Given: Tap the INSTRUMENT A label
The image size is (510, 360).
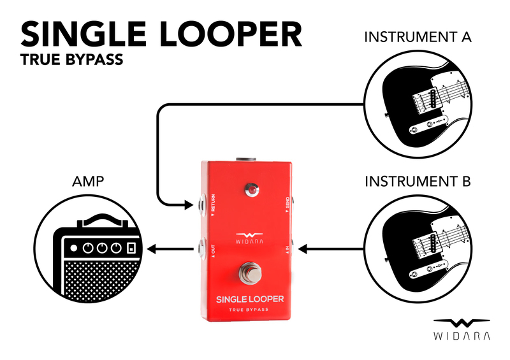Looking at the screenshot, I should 417,37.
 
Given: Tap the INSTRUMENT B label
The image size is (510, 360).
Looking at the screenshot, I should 418,182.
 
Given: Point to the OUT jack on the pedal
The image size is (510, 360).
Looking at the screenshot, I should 201,248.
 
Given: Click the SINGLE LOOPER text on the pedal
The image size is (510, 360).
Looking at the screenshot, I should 249,298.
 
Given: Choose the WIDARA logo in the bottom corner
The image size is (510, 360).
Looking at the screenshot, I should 462,329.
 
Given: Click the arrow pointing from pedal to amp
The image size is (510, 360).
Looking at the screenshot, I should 171,249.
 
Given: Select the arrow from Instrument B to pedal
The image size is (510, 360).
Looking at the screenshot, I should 331,249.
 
